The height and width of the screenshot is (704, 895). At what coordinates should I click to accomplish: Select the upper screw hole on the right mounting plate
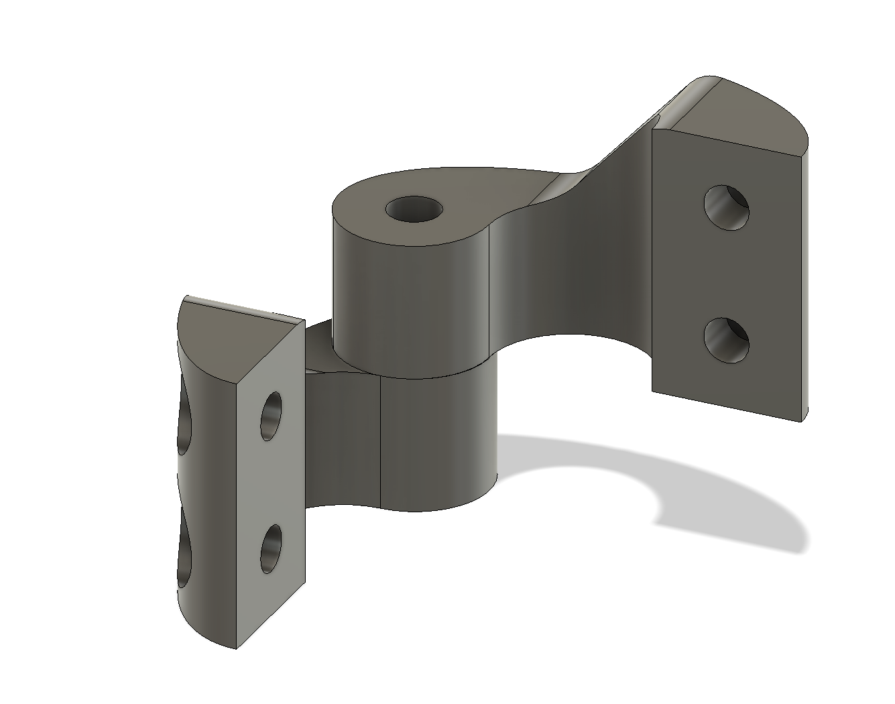tap(726, 208)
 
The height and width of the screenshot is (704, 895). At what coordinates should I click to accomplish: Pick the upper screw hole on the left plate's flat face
tap(272, 416)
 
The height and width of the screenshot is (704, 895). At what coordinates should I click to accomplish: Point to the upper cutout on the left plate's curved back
tap(184, 429)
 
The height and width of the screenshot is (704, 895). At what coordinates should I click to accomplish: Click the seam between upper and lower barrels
tap(416, 373)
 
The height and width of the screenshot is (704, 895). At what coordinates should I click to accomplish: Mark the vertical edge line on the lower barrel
tap(381, 443)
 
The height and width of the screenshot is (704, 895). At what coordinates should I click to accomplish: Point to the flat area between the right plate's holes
tap(726, 275)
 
